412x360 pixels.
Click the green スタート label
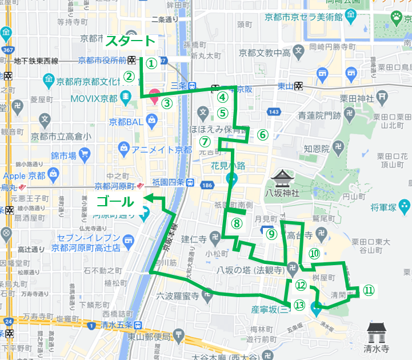coord(130,41)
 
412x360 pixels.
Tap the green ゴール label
coord(115,201)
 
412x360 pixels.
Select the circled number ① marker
coord(150,63)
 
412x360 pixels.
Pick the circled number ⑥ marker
coord(262,135)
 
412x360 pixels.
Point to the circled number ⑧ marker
coord(237,223)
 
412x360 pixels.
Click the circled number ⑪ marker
coord(369,290)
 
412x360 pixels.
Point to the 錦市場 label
coord(63,154)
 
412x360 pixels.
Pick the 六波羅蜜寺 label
coord(178,295)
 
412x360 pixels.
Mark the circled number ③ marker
coord(166,103)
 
